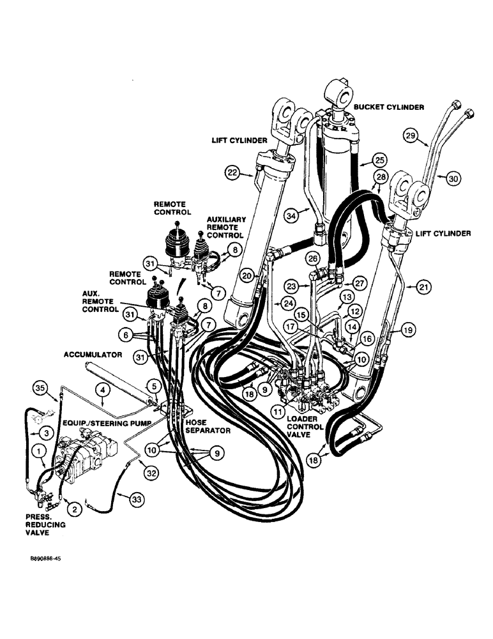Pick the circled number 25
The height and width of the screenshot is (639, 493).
(381, 159)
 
